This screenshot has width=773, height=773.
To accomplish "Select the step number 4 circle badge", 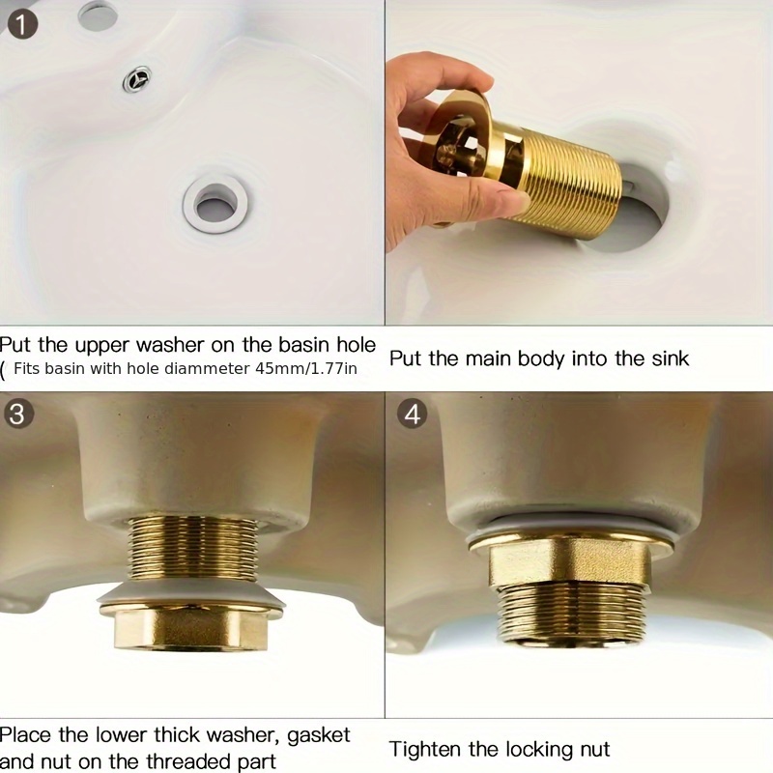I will [x=414, y=415].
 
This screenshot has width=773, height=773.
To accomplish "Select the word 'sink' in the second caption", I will [x=669, y=358].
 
